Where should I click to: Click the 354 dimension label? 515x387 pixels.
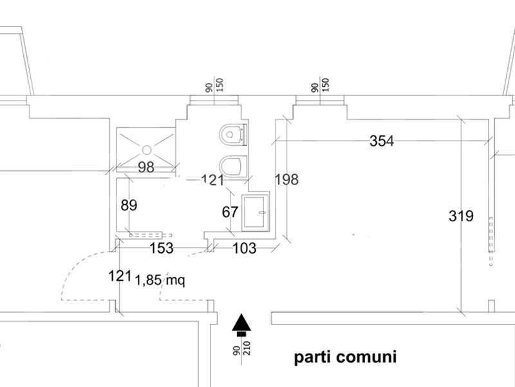381,141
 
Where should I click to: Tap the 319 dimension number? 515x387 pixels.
461,216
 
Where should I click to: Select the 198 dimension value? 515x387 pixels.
286,180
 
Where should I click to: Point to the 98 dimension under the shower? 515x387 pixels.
146,167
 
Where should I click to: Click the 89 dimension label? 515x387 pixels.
129,205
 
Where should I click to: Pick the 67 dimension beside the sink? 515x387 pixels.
230,212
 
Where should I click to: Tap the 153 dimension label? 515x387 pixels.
162,248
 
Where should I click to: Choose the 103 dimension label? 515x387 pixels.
245,248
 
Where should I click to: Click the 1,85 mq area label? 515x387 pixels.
160,281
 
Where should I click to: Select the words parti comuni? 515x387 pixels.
345,357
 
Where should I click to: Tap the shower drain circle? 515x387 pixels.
147,150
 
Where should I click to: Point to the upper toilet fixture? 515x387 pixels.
233,134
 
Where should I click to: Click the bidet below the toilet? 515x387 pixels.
233,166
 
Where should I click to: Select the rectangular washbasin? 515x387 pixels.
255,212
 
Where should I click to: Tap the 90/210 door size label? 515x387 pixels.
242,348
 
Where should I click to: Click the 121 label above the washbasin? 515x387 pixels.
213,180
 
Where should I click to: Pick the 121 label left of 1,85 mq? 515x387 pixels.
120,276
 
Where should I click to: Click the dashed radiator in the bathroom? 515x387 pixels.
151,235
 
